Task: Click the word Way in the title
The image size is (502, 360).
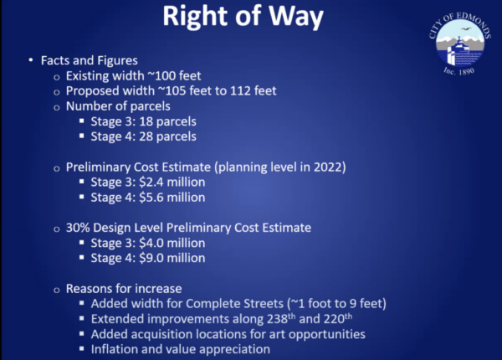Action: [x=296, y=16]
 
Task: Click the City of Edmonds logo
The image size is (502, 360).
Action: [x=459, y=43]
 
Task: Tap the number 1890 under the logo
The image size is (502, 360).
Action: [x=466, y=71]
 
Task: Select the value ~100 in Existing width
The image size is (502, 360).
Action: [x=161, y=76]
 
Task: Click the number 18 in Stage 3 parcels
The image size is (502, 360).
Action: [x=146, y=121]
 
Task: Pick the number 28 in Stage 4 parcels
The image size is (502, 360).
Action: [x=146, y=136]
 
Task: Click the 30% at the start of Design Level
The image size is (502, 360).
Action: [x=78, y=228]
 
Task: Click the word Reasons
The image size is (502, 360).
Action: [x=89, y=289]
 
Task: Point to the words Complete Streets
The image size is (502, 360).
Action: [x=234, y=304]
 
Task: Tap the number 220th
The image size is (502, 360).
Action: [x=338, y=319]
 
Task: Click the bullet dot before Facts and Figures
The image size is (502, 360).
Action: [x=31, y=60]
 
